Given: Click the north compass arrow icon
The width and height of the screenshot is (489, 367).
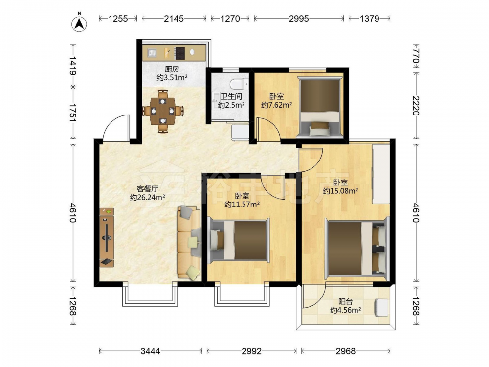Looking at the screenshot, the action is [79, 23].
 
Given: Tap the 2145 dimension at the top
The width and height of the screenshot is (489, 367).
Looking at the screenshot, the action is [174, 19].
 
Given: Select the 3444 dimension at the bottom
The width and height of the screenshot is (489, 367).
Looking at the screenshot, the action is [150, 351].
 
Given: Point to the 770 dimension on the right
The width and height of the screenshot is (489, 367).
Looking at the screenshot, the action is [415, 56].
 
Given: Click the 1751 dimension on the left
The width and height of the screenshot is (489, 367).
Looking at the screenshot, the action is [73, 113].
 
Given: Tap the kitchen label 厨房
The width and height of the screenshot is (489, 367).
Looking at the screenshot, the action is [172, 69].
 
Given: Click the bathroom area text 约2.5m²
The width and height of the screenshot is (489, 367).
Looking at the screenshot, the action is [231, 105].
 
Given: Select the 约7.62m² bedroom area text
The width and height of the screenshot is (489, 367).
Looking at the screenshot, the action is [277, 105].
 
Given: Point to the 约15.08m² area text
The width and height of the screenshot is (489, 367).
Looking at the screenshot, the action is [340, 191].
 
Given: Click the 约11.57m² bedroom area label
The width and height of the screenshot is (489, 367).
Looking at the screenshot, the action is [242, 205].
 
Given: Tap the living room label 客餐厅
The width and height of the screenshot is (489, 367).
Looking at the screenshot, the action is [147, 189].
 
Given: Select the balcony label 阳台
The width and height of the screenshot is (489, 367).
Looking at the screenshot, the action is [346, 302].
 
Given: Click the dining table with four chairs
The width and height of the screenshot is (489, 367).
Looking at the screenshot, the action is [163, 111].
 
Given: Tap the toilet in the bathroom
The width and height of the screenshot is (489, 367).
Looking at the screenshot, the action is [239, 84].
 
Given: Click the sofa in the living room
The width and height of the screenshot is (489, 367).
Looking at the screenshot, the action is [189, 242].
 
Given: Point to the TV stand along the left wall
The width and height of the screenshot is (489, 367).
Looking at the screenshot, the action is [107, 237].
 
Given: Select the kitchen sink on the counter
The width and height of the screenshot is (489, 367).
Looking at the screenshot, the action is [152, 53].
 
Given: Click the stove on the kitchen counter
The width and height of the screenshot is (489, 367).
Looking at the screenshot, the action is [179, 53].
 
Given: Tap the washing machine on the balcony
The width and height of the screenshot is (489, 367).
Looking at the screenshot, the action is [381, 307].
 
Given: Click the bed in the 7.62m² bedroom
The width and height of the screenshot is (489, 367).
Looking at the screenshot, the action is [319, 106].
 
